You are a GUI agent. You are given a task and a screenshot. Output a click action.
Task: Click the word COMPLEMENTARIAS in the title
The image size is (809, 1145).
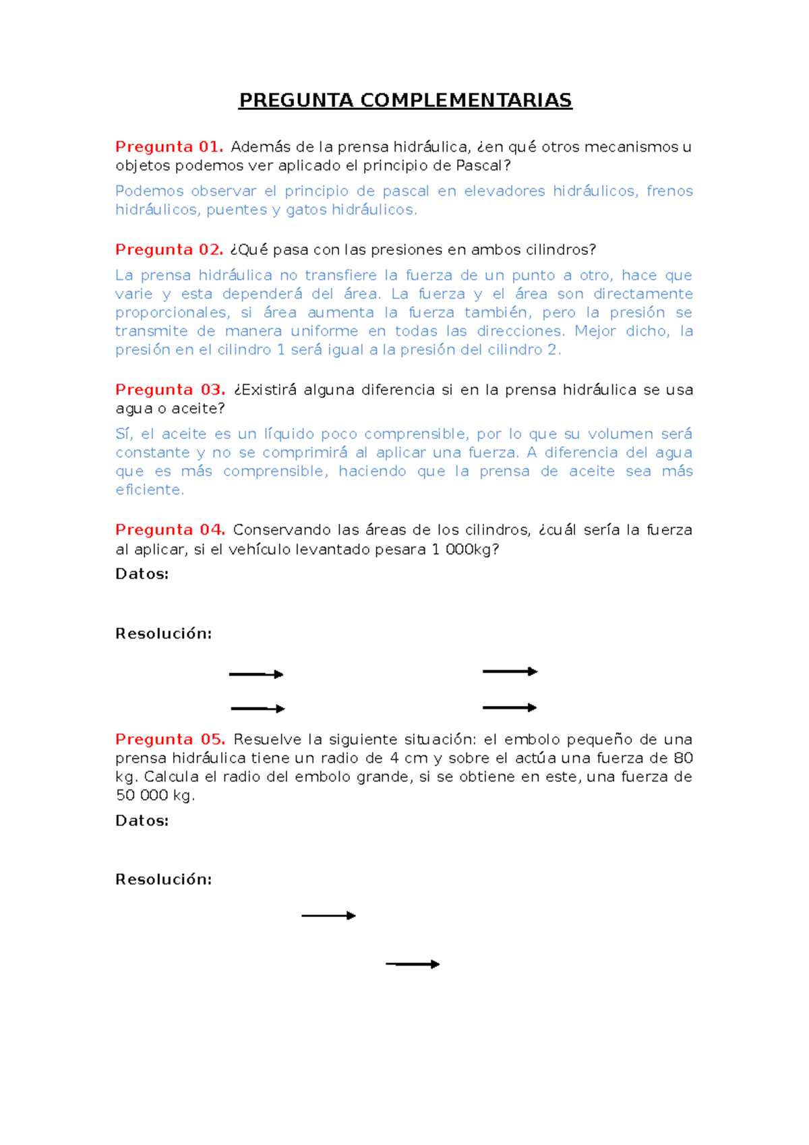pos(465,100)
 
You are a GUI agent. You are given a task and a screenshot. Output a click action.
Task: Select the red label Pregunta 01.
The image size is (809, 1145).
pos(169,147)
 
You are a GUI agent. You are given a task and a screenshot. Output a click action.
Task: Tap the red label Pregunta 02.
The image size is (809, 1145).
pos(169,249)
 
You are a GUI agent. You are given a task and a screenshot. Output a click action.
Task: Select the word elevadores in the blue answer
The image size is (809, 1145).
pos(504,192)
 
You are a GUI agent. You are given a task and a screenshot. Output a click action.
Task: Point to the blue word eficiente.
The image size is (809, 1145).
pos(150,490)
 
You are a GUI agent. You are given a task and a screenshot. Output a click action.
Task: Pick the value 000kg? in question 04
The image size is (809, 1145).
pos(472,550)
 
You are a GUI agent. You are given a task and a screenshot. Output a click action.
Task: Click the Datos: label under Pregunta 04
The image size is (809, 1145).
pos(142,574)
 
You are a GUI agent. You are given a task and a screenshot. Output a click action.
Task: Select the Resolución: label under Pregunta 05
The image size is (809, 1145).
pos(163,879)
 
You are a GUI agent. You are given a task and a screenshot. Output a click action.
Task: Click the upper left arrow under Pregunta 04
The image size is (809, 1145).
pos(256,674)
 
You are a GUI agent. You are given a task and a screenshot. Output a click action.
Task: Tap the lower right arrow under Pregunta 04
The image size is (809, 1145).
pos(510,708)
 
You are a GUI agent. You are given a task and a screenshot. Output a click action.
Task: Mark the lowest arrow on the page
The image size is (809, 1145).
pos(413,964)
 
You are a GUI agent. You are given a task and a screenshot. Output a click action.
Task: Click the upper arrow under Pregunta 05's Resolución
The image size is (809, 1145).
pos(328,916)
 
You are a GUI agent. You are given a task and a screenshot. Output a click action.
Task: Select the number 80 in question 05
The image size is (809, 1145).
pos(683,759)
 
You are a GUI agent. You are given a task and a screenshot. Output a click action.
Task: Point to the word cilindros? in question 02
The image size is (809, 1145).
pos(560,250)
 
